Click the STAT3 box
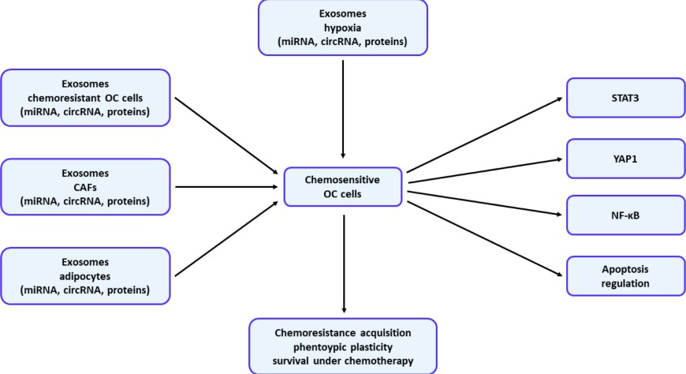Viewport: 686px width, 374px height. click(x=625, y=98)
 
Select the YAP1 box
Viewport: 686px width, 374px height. click(x=625, y=158)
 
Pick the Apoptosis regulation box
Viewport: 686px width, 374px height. click(x=625, y=275)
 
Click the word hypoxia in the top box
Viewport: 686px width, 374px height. click(x=342, y=27)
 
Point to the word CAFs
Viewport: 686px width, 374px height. click(x=85, y=187)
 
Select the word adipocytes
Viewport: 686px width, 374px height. click(x=85, y=276)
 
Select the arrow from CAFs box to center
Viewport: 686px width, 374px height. click(x=227, y=187)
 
